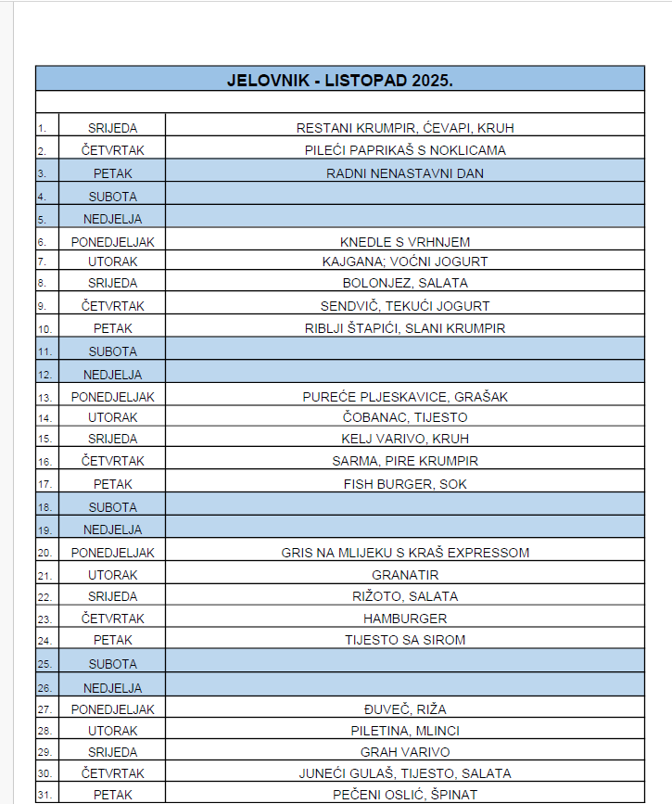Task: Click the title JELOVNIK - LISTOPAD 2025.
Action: point(339,80)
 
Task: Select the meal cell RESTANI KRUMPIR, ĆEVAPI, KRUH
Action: point(405,128)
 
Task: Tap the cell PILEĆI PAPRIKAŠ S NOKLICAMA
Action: point(405,150)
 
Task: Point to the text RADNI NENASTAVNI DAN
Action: point(405,173)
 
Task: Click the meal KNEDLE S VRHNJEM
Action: point(405,242)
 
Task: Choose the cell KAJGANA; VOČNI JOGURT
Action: point(405,262)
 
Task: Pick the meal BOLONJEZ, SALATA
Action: point(405,283)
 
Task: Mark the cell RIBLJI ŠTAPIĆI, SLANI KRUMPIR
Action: point(405,328)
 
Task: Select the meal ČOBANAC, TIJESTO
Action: point(405,417)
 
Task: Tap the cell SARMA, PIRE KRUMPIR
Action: point(405,461)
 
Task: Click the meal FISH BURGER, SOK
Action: point(405,484)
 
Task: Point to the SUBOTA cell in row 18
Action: point(112,507)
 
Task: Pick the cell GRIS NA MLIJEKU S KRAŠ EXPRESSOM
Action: point(405,553)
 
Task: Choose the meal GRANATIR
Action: point(405,575)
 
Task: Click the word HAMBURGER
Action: point(405,619)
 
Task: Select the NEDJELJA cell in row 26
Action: point(112,688)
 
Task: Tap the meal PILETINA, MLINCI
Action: point(405,731)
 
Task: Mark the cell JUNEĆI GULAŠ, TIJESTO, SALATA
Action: point(405,773)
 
